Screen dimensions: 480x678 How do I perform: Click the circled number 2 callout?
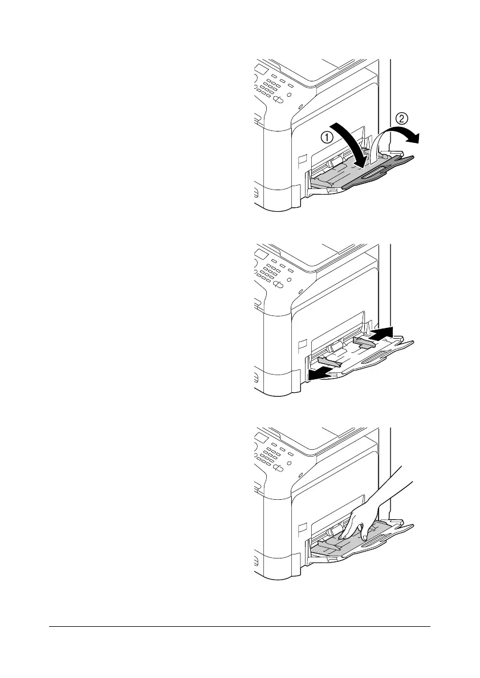[402, 119]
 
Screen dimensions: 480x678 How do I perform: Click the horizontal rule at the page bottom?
[239, 627]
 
